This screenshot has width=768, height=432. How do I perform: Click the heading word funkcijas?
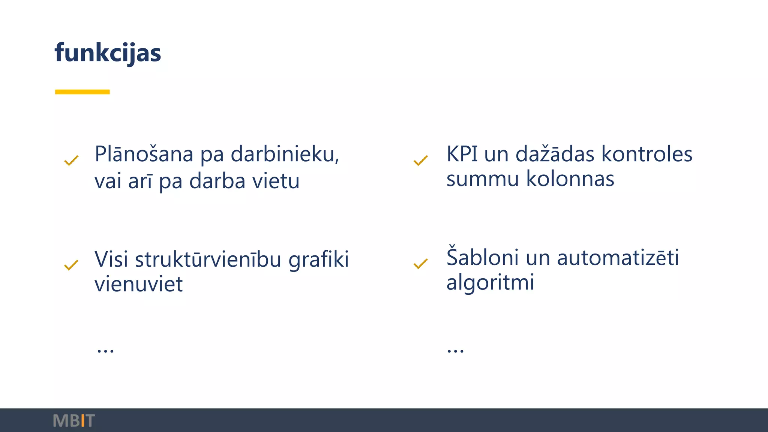pyautogui.click(x=108, y=53)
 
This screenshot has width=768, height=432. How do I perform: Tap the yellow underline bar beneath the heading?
pyautogui.click(x=82, y=92)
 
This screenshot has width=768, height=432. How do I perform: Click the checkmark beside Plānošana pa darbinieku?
pyautogui.click(x=71, y=161)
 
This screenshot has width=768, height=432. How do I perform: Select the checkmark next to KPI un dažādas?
pyautogui.click(x=420, y=161)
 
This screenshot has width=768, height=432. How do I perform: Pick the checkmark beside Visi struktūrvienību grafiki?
pyautogui.click(x=71, y=265)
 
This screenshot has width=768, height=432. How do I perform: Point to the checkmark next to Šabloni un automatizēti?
pyautogui.click(x=420, y=264)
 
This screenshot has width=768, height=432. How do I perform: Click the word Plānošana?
pyautogui.click(x=144, y=154)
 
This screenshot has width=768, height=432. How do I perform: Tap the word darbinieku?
pyautogui.click(x=285, y=154)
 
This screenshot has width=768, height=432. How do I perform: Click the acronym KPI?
pyautogui.click(x=462, y=154)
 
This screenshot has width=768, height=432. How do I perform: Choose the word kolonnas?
pyautogui.click(x=570, y=178)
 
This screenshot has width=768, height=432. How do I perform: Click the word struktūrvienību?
pyautogui.click(x=208, y=259)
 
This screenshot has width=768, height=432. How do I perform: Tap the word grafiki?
pyautogui.click(x=319, y=259)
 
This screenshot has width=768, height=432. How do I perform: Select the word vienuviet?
pyautogui.click(x=138, y=284)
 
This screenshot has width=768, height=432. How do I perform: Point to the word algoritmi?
pyautogui.click(x=490, y=282)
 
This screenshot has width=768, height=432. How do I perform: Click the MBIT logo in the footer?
pyautogui.click(x=74, y=421)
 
